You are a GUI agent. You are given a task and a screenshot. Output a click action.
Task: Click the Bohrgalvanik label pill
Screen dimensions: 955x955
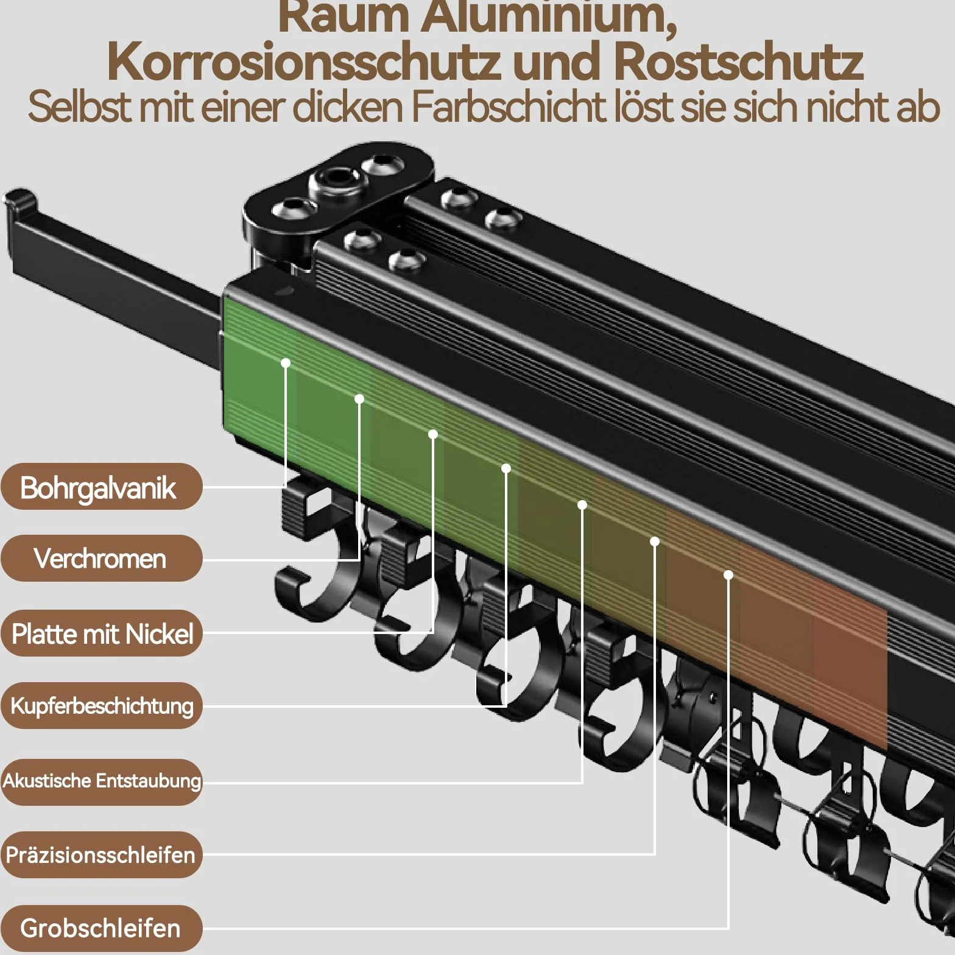pos(101,487)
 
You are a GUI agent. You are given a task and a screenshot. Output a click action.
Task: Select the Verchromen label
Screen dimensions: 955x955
pos(101,559)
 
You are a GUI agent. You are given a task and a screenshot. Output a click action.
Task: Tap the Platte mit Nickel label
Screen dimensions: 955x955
pos(101,633)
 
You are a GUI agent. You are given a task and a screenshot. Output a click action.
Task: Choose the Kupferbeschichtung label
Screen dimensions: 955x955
pos(101,706)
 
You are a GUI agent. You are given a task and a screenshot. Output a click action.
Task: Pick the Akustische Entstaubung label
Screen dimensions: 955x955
pos(101,781)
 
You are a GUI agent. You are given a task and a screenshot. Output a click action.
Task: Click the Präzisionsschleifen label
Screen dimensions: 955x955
pos(101,855)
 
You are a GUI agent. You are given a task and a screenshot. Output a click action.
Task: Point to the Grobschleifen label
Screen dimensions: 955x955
pos(101,928)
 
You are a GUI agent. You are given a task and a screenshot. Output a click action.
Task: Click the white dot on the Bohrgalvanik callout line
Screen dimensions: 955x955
pos(286,363)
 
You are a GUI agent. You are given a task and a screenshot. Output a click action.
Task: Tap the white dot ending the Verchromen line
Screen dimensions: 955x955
pos(359,399)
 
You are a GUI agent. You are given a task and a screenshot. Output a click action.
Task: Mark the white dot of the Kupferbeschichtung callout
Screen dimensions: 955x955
pos(506,468)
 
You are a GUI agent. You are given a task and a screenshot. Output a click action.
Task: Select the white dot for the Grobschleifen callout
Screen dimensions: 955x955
pos(728,574)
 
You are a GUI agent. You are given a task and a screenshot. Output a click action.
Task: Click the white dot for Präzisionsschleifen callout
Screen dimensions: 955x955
pos(655,541)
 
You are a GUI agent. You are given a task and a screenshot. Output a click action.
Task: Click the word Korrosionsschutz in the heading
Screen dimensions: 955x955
pos(303,62)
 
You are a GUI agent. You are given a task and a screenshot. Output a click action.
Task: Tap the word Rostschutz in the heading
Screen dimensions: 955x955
pos(738,62)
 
